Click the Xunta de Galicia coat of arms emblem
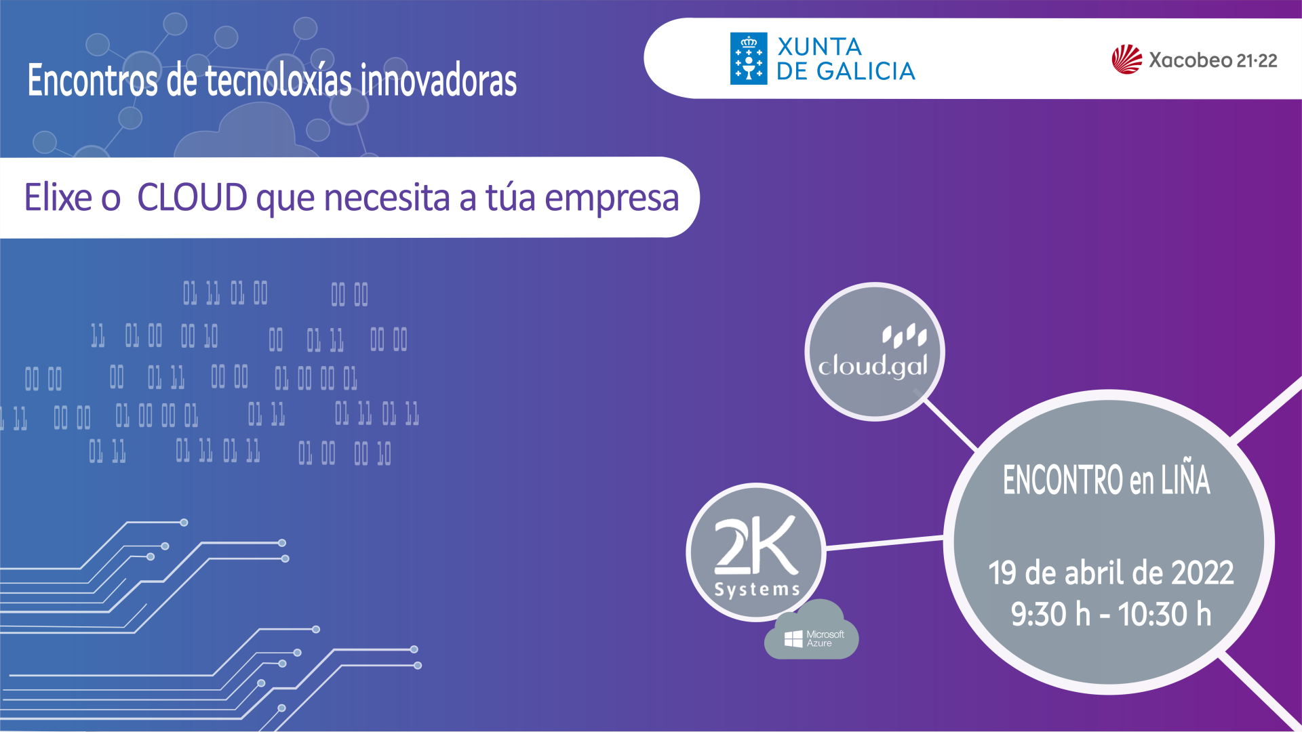point(749,58)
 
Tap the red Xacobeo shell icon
point(1127,60)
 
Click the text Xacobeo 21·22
point(1213,60)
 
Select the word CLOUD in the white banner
point(193,197)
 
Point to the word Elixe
point(58,197)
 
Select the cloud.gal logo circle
point(874,352)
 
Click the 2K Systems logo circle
point(756,552)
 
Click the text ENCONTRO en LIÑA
point(1107,480)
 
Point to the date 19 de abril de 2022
point(1111,573)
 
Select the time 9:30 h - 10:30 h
point(1111,614)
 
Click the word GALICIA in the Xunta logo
point(865,71)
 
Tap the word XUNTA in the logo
point(819,47)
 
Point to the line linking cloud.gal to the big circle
point(950,424)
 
